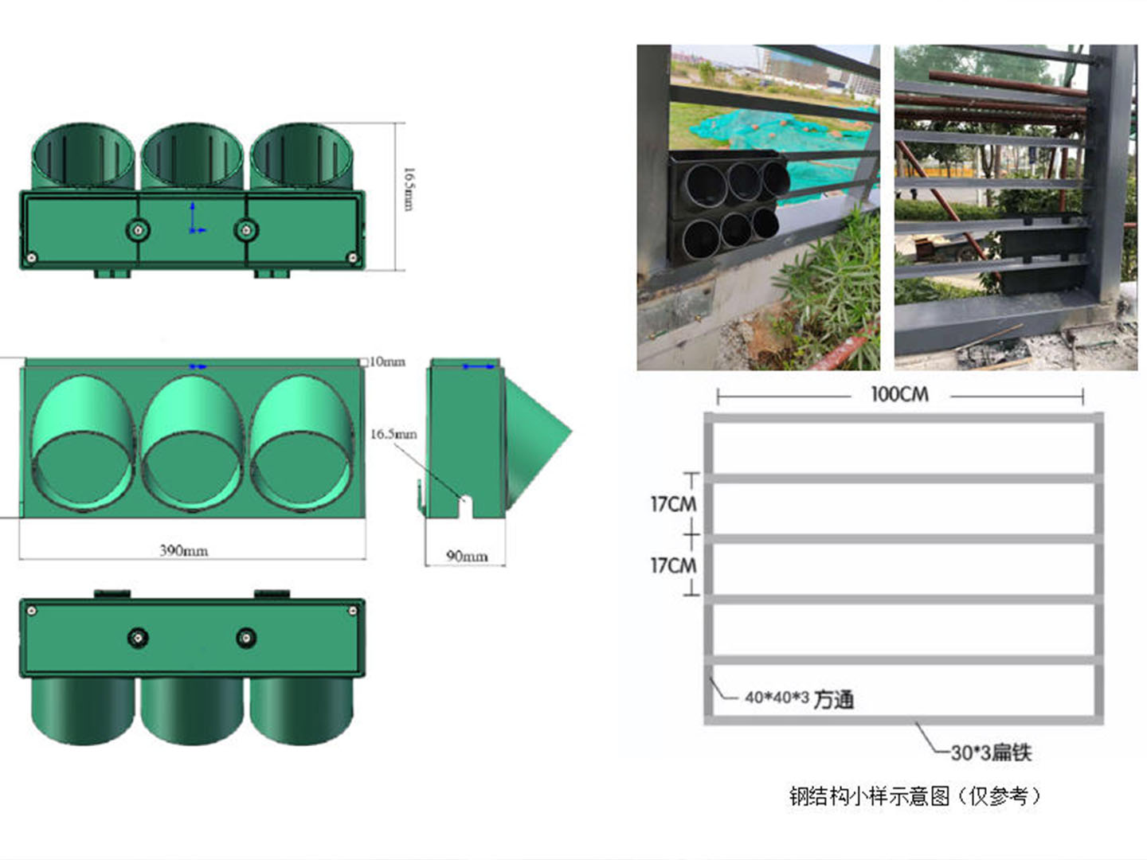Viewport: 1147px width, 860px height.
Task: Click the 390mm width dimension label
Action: [183, 550]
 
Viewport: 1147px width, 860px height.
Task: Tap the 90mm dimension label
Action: [466, 556]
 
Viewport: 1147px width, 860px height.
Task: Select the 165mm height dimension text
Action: [408, 189]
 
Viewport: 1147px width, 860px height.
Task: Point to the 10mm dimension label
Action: [387, 362]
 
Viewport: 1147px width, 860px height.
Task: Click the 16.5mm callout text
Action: [393, 434]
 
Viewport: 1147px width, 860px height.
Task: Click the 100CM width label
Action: [899, 394]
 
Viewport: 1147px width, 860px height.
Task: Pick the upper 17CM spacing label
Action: [673, 504]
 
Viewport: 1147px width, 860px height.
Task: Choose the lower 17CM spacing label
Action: [673, 565]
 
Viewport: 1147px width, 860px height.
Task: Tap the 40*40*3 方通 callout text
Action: [799, 699]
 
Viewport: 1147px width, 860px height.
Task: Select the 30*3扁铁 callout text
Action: [991, 752]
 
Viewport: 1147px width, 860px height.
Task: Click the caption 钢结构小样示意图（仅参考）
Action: [914, 795]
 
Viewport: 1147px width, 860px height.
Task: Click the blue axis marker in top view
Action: [194, 221]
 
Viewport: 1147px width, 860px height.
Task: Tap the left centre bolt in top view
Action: [139, 230]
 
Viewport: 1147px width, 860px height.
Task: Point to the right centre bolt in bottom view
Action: [246, 637]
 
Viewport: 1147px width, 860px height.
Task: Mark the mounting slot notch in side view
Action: [467, 505]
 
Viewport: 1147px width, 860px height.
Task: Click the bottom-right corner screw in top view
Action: [352, 256]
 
